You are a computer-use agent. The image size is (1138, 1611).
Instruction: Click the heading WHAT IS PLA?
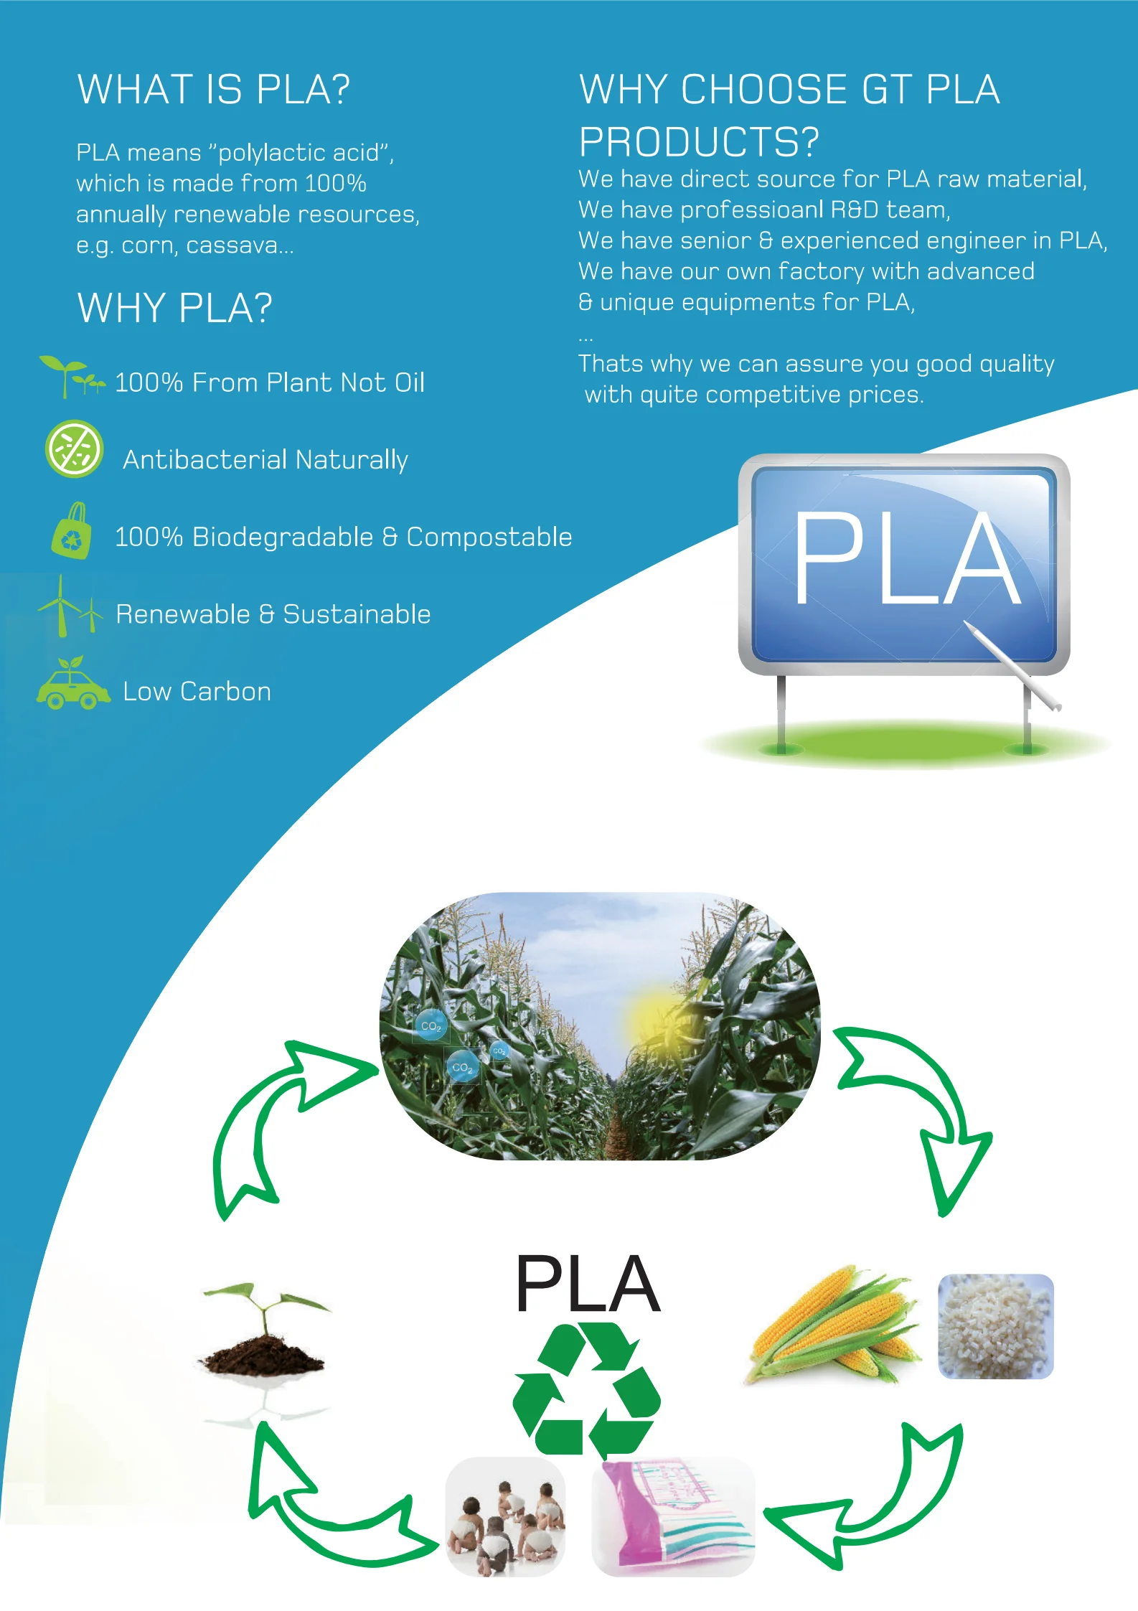pos(214,90)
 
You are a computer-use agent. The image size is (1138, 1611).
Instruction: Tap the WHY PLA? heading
pos(174,308)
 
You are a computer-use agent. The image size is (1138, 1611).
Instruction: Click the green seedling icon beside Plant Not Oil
pos(70,376)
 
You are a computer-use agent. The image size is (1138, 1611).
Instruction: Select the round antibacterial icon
pos(74,449)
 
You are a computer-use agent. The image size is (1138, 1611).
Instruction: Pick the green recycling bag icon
pos(72,532)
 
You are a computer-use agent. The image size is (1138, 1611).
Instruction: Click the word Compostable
pos(489,537)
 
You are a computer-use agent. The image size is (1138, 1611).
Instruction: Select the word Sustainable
pos(357,614)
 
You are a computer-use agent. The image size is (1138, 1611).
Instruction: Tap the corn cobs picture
pos(834,1324)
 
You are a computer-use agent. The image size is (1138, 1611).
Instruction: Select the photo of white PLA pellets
pos(995,1326)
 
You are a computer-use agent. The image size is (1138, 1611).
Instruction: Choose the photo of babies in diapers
pos(505,1517)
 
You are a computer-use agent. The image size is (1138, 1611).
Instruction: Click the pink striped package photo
pos(672,1517)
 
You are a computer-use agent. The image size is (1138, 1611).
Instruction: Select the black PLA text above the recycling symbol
pos(588,1284)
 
